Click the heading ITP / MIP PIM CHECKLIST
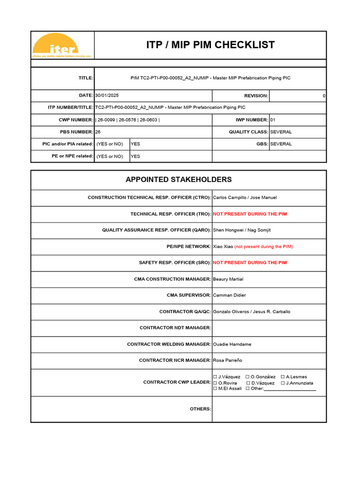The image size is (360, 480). coord(210,45)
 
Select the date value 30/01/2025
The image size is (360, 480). coord(107,96)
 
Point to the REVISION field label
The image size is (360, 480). coord(256,96)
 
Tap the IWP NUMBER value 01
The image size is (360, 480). coord(273,120)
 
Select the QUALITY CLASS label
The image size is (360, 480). coord(248,132)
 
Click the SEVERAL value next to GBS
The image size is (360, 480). coord(281,144)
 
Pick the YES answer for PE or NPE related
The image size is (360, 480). coord(135,157)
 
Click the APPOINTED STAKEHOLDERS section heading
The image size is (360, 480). coord(178,180)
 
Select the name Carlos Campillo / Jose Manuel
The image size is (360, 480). coord(245,198)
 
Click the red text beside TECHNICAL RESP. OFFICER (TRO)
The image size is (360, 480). coord(250,214)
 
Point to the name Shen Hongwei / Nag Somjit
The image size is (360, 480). coord(242,230)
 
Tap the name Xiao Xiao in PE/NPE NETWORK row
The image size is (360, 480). coord(223,247)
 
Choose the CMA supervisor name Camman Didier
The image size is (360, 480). coord(229,295)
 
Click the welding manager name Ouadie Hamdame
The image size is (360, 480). coord(232,344)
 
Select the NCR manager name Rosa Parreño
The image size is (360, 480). coord(227,360)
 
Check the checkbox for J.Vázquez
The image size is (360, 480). coord(215,377)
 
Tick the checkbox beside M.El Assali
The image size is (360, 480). coord(215,389)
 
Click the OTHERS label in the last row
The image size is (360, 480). coord(200,409)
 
